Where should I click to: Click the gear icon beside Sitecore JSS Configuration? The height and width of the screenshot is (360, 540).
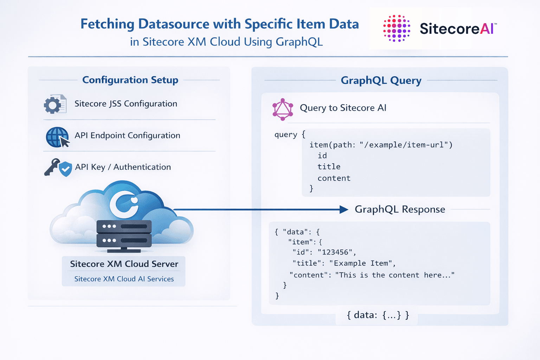point(53,105)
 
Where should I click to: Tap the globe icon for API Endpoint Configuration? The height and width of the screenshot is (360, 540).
point(56,137)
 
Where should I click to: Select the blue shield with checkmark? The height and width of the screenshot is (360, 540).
point(65,169)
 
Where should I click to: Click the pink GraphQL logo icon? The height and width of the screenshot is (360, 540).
point(283,109)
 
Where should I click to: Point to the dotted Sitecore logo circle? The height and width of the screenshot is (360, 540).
point(397,28)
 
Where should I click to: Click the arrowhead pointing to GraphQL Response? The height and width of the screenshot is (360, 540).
point(343,210)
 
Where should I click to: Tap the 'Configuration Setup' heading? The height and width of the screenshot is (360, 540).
point(130,80)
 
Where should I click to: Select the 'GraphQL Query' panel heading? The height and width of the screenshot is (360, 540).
point(381,81)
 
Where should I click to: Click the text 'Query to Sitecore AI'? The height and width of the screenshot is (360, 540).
point(343,108)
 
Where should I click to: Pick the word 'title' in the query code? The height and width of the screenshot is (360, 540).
point(329,167)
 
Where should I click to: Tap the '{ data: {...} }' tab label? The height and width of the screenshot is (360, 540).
point(378,315)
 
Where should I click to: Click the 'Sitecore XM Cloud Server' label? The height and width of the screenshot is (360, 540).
point(124,264)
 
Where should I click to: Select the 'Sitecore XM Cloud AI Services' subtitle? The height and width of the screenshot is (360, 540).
point(124,279)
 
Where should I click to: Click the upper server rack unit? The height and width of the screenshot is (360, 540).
point(124,226)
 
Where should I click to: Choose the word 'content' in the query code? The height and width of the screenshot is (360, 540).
point(334,178)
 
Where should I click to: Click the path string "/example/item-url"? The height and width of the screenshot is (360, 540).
point(406,145)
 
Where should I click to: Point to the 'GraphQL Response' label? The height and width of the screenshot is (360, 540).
point(400,210)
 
